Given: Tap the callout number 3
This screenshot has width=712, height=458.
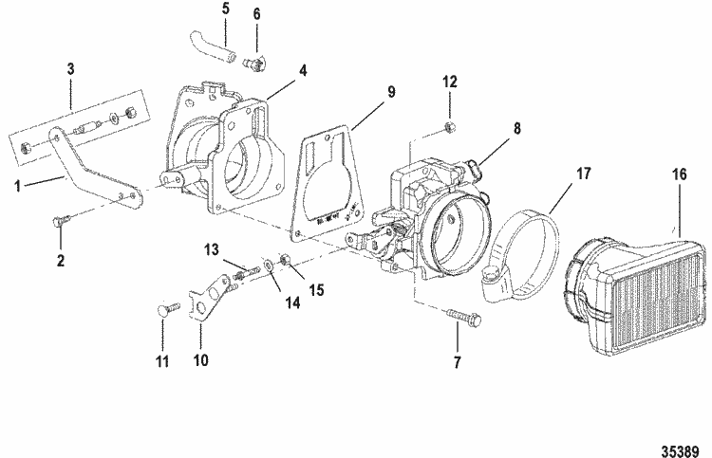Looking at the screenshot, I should tap(70, 70).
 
